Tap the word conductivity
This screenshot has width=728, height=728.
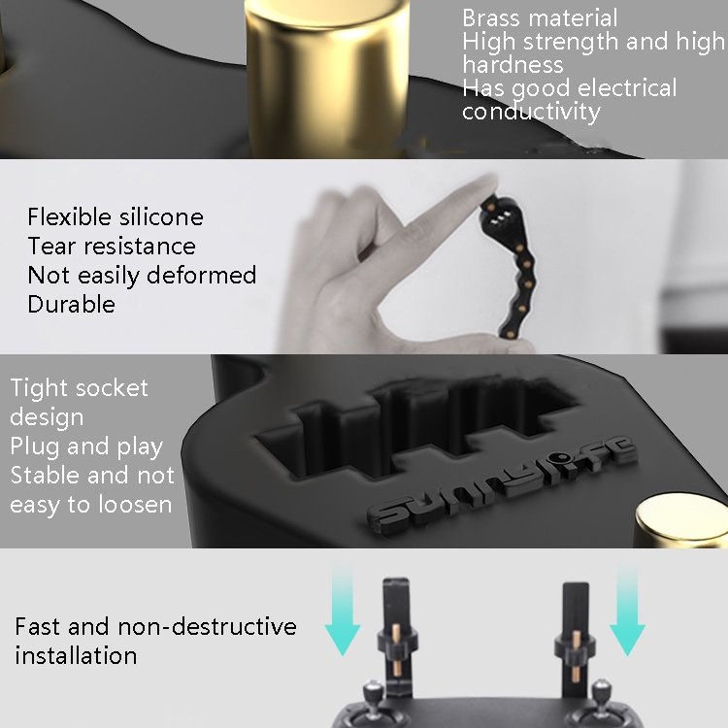tap(531, 112)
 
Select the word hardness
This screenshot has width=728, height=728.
tap(513, 64)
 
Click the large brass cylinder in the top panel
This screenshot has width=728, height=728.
tap(328, 79)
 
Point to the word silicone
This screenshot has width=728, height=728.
tap(161, 216)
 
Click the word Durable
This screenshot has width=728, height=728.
tap(72, 305)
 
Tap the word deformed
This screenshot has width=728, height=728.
tap(202, 275)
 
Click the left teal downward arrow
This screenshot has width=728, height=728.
tap(343, 610)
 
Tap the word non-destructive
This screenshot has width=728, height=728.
tap(207, 626)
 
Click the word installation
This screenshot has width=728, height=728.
tap(76, 655)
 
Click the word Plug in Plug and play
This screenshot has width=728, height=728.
tap(36, 447)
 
